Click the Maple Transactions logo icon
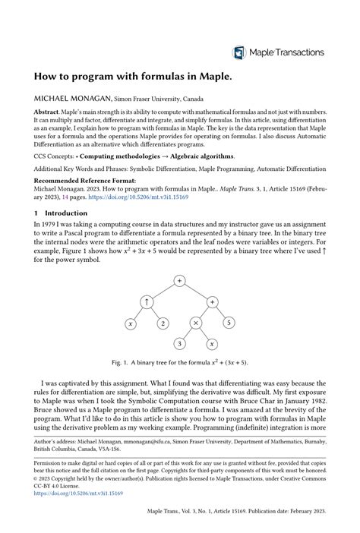pos(239,52)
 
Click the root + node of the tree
pos(179,281)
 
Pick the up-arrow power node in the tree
pos(147,302)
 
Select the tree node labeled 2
pos(163,323)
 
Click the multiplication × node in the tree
pos(195,323)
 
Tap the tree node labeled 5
pos(228,323)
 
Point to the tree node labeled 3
pos(179,344)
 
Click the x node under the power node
pos(131,323)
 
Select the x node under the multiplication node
pos(212,344)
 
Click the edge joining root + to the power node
pos(163,292)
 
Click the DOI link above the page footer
pos(78,494)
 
